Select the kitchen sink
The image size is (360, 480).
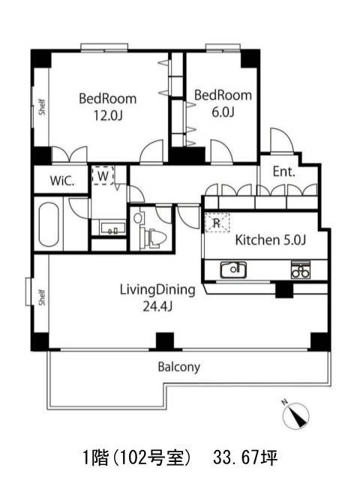pos(233,270)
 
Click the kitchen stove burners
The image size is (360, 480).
pos(300,270)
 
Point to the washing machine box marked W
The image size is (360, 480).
pos(103,175)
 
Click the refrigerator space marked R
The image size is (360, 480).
pos(217,222)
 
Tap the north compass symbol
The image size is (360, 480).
pos(295,415)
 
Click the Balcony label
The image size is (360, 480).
pos(179,367)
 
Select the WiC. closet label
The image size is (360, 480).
pos(62,181)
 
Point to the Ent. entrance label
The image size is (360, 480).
pos(283,172)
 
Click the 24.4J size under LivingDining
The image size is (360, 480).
pos(157,306)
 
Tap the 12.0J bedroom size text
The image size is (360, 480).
pos(108,115)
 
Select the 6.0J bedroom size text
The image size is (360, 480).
pos(223,112)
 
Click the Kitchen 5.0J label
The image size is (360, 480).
pos(270,240)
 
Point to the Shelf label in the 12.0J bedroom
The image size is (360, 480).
pos(42,106)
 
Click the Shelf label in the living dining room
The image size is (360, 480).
pos(42,297)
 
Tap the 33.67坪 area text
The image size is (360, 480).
pos(245,458)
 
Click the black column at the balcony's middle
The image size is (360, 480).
pos(165,341)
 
